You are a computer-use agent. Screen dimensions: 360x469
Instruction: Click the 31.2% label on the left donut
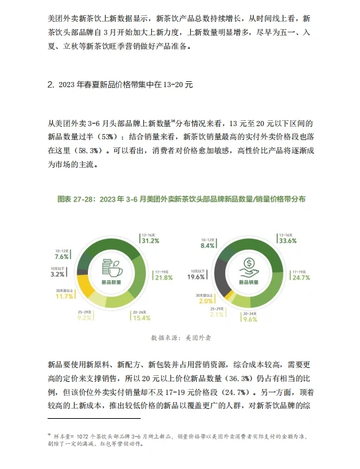151,242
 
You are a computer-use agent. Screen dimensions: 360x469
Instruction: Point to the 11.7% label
64,297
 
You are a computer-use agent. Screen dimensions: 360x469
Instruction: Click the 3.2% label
57,273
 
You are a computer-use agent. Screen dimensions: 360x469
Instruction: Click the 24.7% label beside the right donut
301,277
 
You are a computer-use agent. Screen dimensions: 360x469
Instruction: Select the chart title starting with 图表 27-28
180,198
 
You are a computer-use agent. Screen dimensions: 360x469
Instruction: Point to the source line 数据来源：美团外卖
180,338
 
